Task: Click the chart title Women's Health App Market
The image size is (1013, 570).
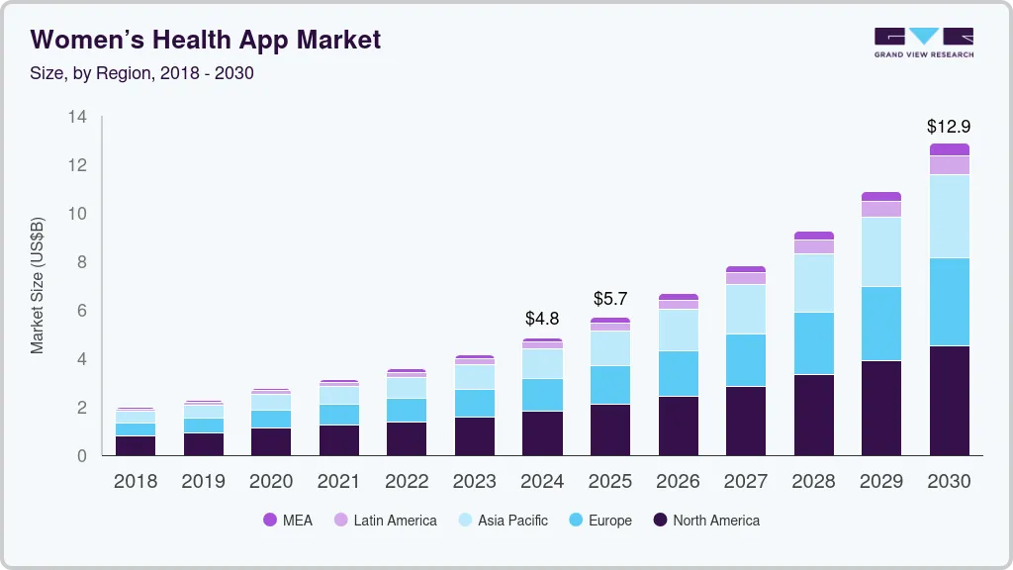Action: coord(206,40)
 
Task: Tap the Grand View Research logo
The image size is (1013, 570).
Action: coord(923,42)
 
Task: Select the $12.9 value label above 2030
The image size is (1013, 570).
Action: coord(949,127)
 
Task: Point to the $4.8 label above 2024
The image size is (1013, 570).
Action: coord(542,319)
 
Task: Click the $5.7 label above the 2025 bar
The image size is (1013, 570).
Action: coord(610,298)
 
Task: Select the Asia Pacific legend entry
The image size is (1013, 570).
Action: coord(502,520)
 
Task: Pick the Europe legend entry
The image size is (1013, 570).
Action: coord(599,520)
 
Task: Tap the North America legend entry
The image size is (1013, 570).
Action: coord(705,520)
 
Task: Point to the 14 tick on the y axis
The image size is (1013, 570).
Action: coord(77,117)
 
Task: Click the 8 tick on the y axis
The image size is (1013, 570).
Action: coord(82,262)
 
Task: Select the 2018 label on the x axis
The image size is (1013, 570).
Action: coord(135,482)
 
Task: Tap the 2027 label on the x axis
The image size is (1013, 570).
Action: coord(745,482)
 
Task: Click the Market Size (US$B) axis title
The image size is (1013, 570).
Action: coord(38,285)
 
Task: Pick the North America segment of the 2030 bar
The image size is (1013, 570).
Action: coord(949,400)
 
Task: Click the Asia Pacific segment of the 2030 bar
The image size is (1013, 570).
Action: coord(949,216)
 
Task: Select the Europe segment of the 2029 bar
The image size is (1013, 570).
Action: coord(881,324)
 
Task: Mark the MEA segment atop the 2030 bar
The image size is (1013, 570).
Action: coord(949,149)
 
